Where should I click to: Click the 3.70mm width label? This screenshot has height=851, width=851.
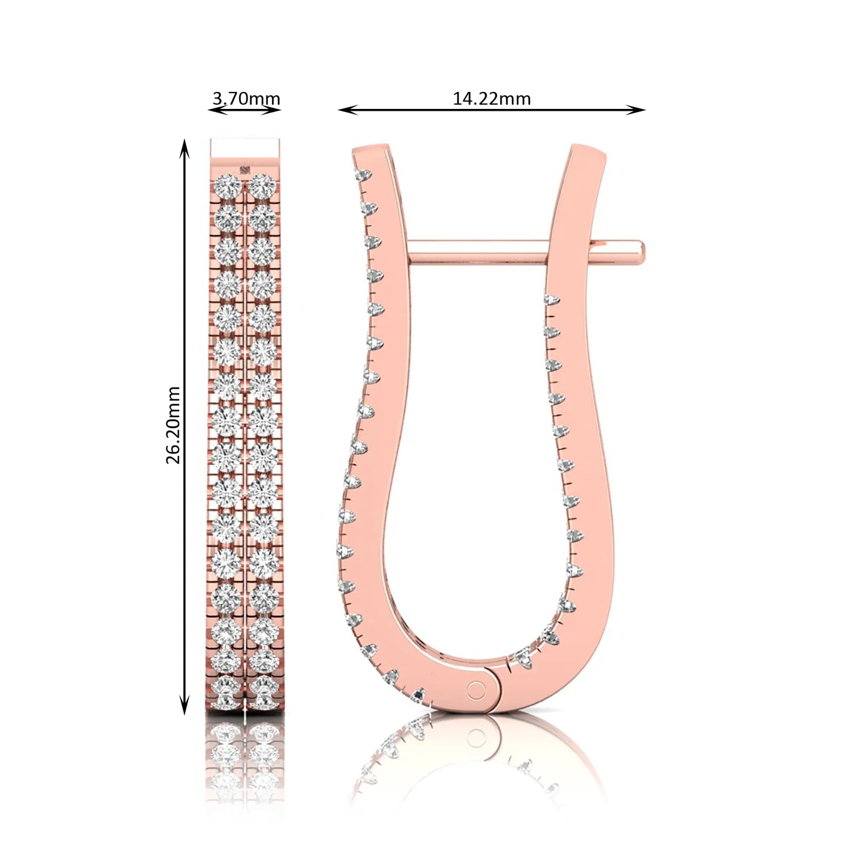(x=246, y=98)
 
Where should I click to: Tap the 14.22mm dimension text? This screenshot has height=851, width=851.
(x=492, y=98)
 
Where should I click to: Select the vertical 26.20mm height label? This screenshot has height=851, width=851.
(x=173, y=425)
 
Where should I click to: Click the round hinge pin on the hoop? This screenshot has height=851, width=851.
(x=476, y=690)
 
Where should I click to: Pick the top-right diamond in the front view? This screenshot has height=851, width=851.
(x=262, y=185)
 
